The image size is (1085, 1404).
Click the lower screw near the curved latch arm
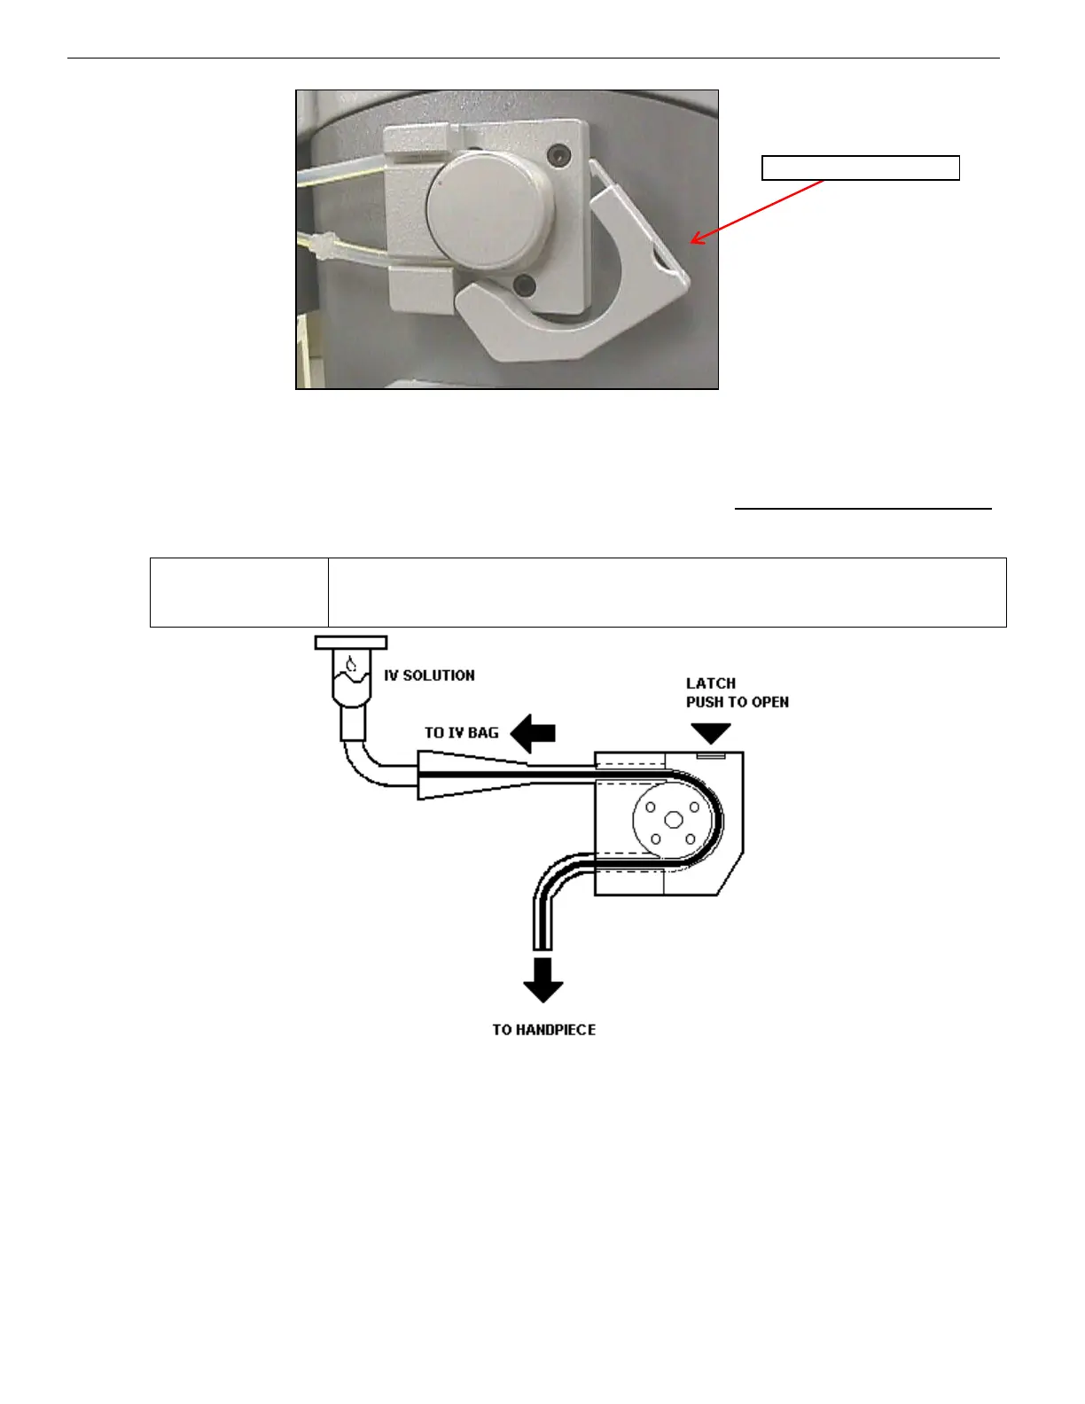525,286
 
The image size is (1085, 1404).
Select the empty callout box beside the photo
861,168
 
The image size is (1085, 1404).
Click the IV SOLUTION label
429,675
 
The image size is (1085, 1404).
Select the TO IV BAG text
461,733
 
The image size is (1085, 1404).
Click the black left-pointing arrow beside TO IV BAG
534,733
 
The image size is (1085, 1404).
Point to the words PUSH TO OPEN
738,702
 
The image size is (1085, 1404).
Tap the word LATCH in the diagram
711,683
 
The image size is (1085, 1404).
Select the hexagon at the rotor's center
673,820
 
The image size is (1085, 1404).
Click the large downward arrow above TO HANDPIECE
543,979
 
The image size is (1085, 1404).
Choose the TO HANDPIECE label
544,1030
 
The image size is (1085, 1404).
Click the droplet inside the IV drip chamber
351,665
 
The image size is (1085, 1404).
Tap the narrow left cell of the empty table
239,592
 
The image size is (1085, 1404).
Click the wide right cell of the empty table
667,592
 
